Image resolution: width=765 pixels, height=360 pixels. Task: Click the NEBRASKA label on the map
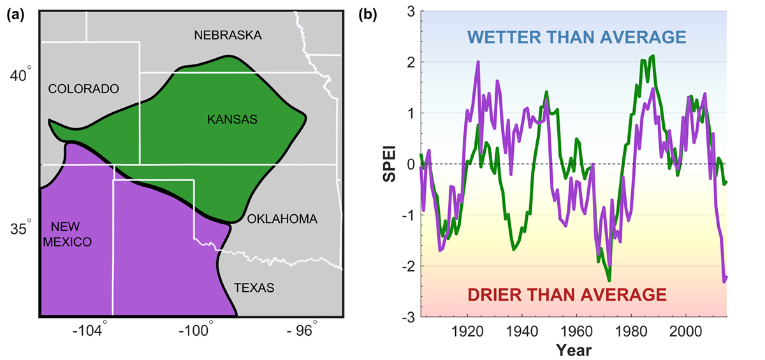(228, 36)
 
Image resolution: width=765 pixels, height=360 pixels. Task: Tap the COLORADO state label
(84, 89)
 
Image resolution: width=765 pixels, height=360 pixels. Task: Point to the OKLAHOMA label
(282, 219)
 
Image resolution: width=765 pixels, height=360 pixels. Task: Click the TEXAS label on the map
(254, 288)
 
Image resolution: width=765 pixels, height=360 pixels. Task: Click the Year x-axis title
(573, 350)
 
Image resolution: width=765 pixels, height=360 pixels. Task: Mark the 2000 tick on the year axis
(686, 331)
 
